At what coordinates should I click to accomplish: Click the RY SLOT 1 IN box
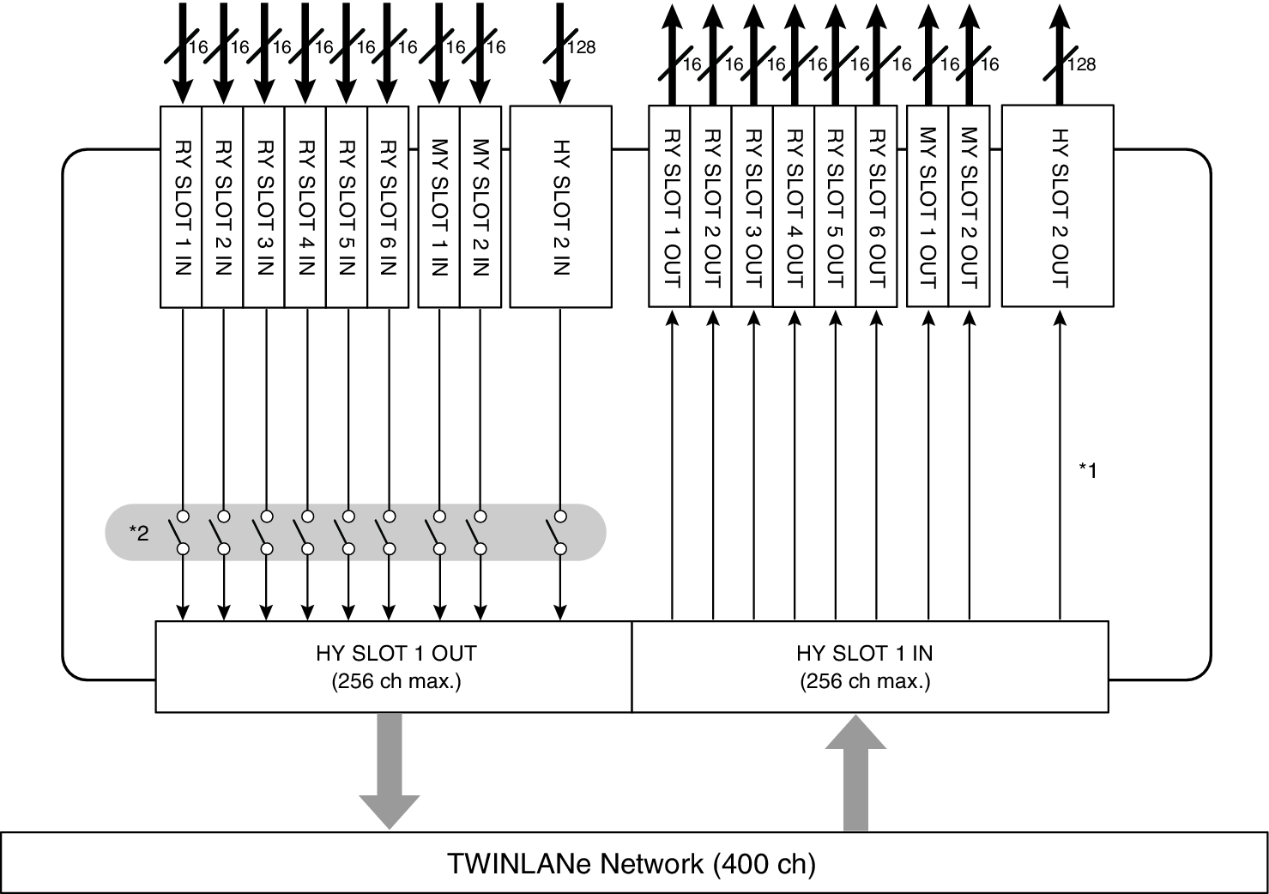[x=181, y=206]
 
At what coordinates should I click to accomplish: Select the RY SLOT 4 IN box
[x=305, y=206]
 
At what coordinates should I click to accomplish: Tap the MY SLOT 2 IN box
[x=480, y=206]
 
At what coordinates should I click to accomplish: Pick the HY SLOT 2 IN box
[x=560, y=206]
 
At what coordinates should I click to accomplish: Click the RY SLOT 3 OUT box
[x=752, y=206]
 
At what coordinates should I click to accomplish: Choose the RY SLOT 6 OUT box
[x=876, y=206]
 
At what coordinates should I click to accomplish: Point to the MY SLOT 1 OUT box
[x=928, y=206]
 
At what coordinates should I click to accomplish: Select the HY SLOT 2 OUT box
[x=1058, y=206]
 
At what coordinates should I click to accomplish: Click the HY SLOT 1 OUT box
[x=394, y=667]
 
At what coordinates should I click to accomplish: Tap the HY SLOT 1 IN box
[x=869, y=667]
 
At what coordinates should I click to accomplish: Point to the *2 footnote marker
[x=139, y=534]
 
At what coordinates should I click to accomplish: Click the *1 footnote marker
[x=1087, y=469]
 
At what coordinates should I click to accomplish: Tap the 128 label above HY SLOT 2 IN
[x=581, y=47]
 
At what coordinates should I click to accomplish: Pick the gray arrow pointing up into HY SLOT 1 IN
[x=855, y=772]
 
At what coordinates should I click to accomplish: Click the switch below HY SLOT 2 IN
[x=560, y=532]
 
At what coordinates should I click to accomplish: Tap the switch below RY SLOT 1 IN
[x=182, y=532]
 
